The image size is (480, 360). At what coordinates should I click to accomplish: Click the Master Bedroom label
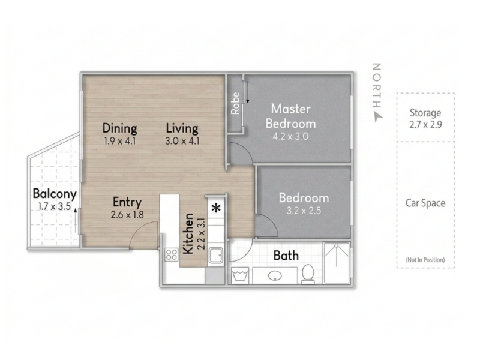tap(290, 116)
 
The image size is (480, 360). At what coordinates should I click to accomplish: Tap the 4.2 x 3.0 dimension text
tap(290, 136)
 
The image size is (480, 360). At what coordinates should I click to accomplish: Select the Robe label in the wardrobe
tap(235, 103)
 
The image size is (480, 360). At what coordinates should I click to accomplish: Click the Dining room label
tap(119, 128)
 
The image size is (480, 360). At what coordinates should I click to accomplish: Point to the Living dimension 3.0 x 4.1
tap(182, 141)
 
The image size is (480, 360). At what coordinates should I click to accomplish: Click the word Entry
tap(127, 202)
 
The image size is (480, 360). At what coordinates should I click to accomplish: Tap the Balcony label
tap(55, 194)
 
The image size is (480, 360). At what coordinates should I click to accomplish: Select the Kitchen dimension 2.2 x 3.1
tap(201, 233)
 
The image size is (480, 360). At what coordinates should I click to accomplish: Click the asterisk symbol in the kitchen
tap(217, 208)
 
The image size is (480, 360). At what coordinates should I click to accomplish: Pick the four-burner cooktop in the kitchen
tap(172, 254)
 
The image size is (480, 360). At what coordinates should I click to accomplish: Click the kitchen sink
tap(216, 257)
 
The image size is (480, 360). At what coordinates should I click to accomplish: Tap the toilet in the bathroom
tap(308, 274)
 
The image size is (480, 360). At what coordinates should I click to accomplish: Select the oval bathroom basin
tap(275, 276)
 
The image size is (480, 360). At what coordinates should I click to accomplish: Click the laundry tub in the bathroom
tap(240, 275)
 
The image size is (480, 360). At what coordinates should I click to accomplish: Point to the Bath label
tap(286, 256)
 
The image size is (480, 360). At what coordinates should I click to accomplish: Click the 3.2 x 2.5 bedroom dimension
tap(304, 211)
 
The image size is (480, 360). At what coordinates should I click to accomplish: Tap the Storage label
tap(425, 113)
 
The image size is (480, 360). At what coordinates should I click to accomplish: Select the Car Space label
tap(425, 203)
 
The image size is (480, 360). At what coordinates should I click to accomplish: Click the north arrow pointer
tap(378, 117)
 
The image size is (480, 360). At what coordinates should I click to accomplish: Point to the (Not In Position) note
tap(425, 260)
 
